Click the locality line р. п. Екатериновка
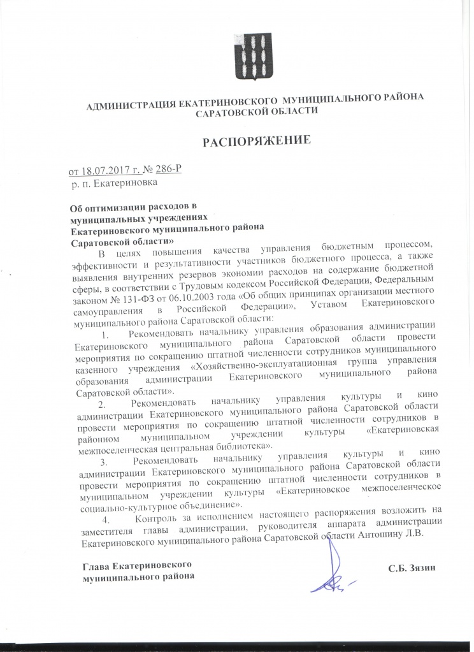pyautogui.click(x=114, y=183)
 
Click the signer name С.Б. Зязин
pyautogui.click(x=415, y=566)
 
